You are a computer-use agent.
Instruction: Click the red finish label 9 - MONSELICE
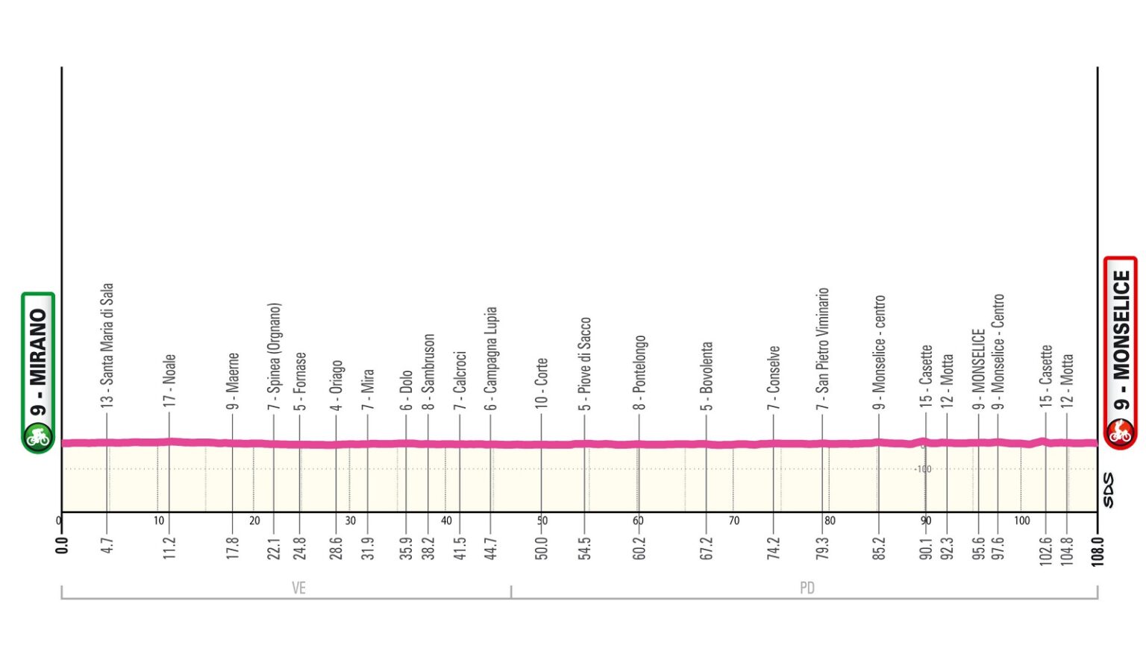pos(1121,340)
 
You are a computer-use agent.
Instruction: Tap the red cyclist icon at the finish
pos(1120,432)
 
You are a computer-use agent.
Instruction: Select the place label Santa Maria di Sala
pos(107,344)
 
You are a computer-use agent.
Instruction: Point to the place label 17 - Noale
pos(170,380)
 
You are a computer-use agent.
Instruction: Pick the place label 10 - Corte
pos(542,382)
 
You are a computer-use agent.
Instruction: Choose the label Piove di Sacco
pos(585,363)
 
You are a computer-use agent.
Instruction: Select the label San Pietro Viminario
pos(823,348)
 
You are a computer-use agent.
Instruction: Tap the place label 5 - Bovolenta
pos(707,376)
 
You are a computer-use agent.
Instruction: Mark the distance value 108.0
pos(1097,551)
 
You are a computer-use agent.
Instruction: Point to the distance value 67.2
pos(707,547)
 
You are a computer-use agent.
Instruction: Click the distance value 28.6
pos(336,547)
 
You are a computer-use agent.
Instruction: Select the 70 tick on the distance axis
pos(733,521)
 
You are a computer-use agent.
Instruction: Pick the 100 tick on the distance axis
pos(1021,521)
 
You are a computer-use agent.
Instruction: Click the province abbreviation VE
pos(298,588)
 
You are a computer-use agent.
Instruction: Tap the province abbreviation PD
pos(807,588)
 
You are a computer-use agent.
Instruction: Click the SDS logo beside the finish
pos(1108,490)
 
